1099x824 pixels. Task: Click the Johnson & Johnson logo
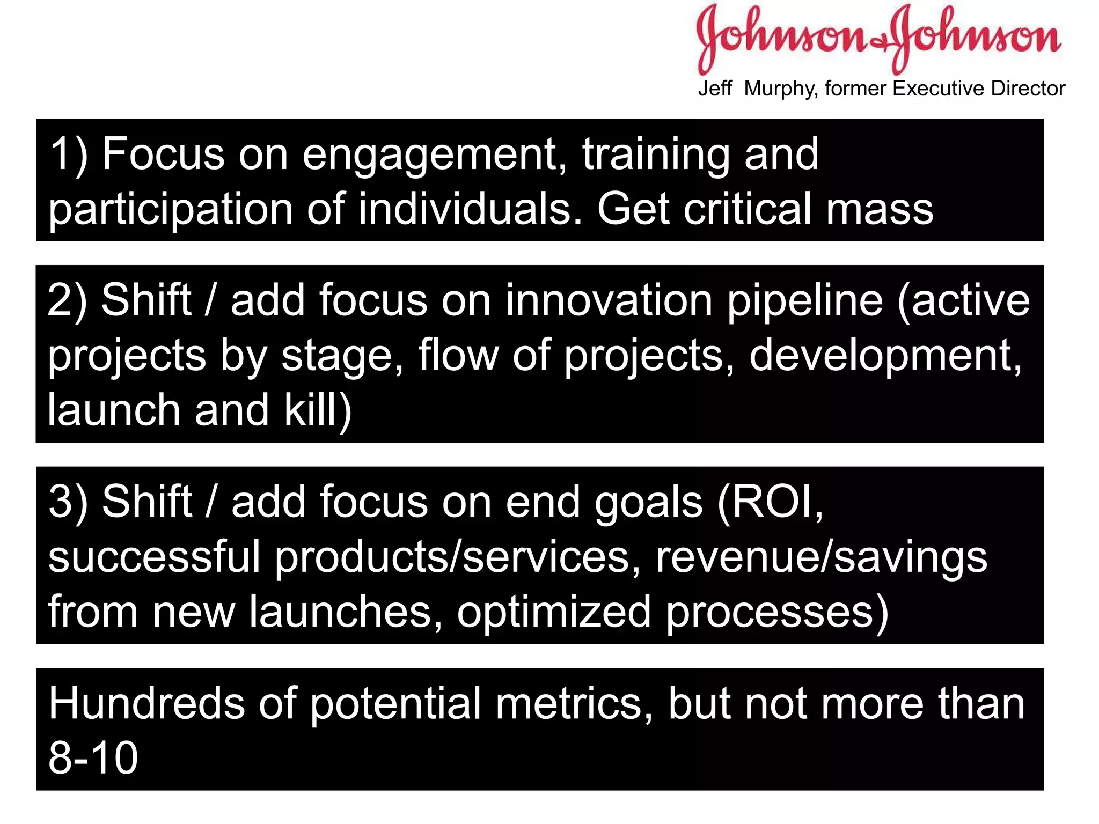(x=878, y=38)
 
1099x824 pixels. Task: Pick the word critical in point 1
(x=748, y=209)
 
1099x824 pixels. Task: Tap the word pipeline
(x=805, y=302)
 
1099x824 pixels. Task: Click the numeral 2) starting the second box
(x=67, y=301)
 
